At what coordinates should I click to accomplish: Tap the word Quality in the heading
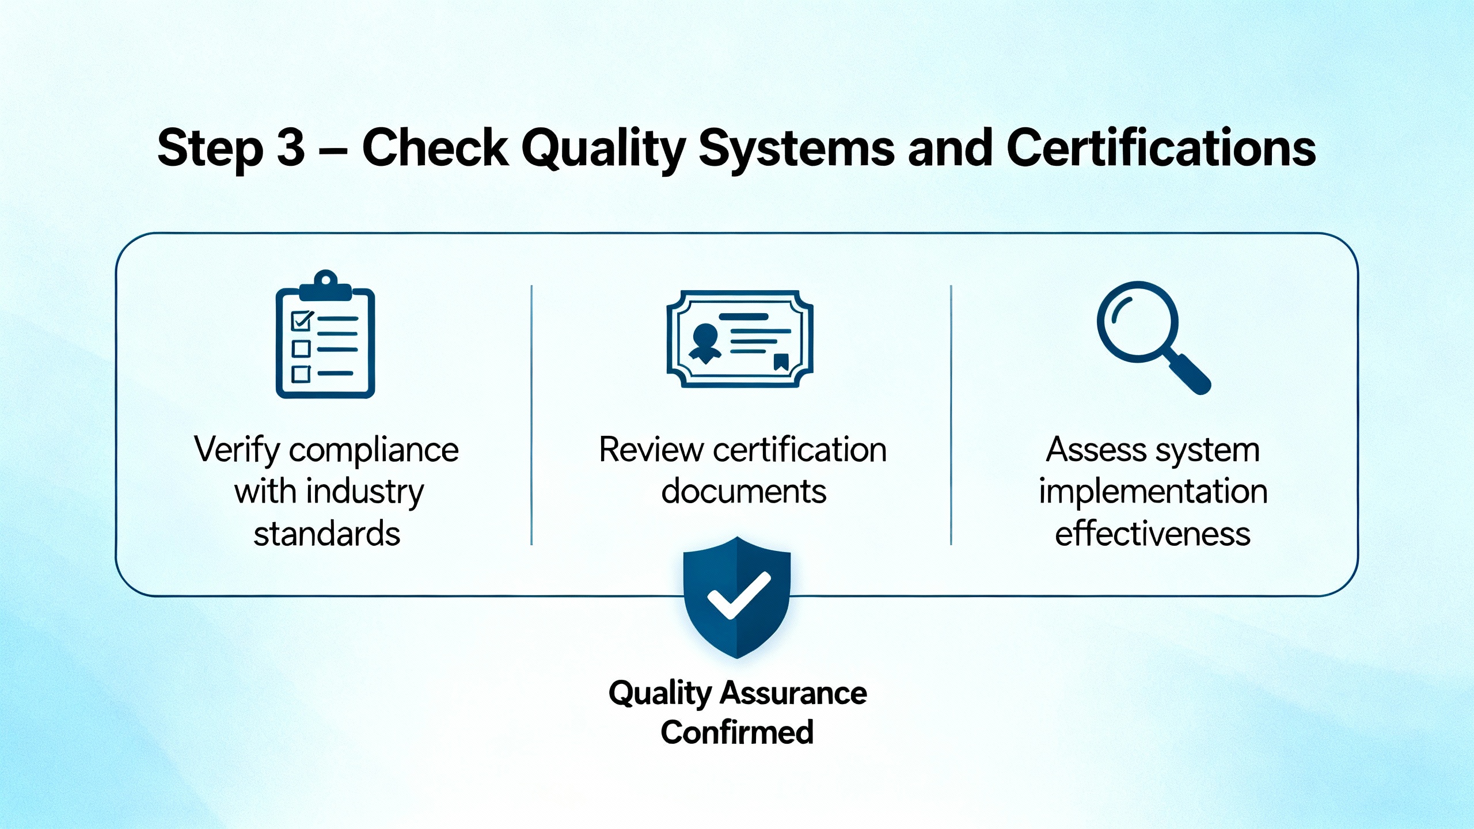[x=603, y=150]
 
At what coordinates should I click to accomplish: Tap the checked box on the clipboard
[x=302, y=320]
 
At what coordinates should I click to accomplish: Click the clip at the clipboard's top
[x=326, y=286]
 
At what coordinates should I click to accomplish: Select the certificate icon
[x=740, y=339]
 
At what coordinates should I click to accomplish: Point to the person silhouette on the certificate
[x=705, y=343]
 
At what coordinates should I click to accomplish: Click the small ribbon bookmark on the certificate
[x=781, y=362]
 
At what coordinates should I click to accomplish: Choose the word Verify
[x=237, y=450]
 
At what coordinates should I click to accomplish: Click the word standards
[x=326, y=534]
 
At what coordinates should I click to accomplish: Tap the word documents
[x=743, y=492]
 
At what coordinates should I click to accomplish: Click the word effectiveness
[x=1153, y=534]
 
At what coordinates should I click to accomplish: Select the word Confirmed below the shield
[x=737, y=732]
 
